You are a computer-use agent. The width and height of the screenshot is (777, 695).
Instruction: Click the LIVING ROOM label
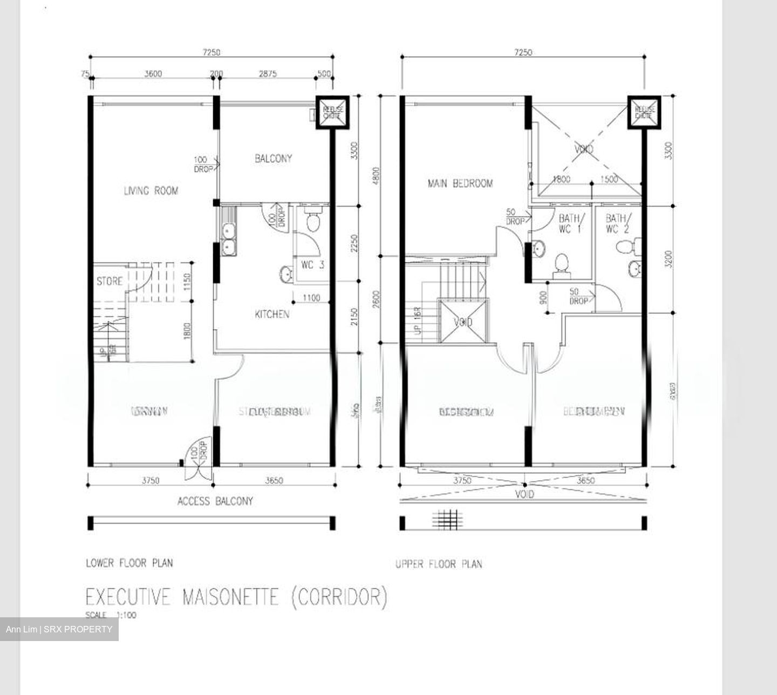(x=151, y=190)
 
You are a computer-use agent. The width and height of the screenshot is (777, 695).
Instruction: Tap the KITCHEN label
(x=272, y=314)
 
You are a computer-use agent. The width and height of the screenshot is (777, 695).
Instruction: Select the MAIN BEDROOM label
(x=460, y=183)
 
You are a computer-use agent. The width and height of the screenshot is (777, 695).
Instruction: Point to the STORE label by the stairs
(x=109, y=281)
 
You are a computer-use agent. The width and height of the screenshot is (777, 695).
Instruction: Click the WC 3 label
(x=312, y=265)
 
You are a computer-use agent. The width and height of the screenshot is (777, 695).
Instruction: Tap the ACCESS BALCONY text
(x=215, y=501)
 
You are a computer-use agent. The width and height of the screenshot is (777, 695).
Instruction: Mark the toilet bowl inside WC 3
(x=312, y=222)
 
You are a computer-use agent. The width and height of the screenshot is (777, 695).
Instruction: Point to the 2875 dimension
(x=267, y=73)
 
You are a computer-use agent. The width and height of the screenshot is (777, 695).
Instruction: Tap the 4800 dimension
(x=376, y=175)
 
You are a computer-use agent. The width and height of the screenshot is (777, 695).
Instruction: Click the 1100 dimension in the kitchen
(x=311, y=298)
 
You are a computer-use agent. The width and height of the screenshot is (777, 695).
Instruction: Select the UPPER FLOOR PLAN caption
(x=439, y=564)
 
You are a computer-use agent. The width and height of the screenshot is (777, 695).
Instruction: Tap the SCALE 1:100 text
(x=111, y=615)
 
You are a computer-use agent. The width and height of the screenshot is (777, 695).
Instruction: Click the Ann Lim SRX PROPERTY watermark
(x=59, y=629)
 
